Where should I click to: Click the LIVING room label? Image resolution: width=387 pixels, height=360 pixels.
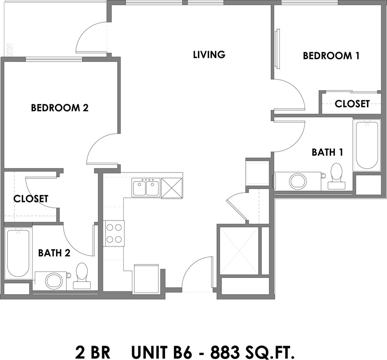(x=209, y=54)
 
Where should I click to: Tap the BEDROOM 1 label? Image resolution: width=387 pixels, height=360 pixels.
(x=331, y=55)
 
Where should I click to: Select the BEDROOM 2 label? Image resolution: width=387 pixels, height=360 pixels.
(x=59, y=108)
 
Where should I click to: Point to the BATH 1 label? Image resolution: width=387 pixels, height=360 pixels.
(x=327, y=152)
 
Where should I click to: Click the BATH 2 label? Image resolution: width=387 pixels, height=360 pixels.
(x=54, y=253)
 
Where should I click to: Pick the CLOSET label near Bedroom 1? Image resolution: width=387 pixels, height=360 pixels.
(x=352, y=104)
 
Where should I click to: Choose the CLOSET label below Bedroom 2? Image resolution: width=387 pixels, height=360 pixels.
(x=31, y=199)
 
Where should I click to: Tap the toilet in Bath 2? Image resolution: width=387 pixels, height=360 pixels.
(x=82, y=276)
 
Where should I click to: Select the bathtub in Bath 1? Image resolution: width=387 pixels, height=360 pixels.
(x=367, y=145)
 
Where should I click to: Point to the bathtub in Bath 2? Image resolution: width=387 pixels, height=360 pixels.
(x=18, y=253)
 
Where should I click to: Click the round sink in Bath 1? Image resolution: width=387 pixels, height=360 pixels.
(x=298, y=181)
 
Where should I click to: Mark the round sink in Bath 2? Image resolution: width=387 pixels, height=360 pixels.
(x=54, y=281)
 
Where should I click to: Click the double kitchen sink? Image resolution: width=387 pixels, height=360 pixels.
(x=146, y=188)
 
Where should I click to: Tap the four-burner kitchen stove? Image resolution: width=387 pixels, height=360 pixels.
(x=114, y=234)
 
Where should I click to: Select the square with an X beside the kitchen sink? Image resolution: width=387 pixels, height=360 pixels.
(x=172, y=188)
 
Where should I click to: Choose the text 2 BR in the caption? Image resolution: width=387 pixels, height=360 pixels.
(x=93, y=352)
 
